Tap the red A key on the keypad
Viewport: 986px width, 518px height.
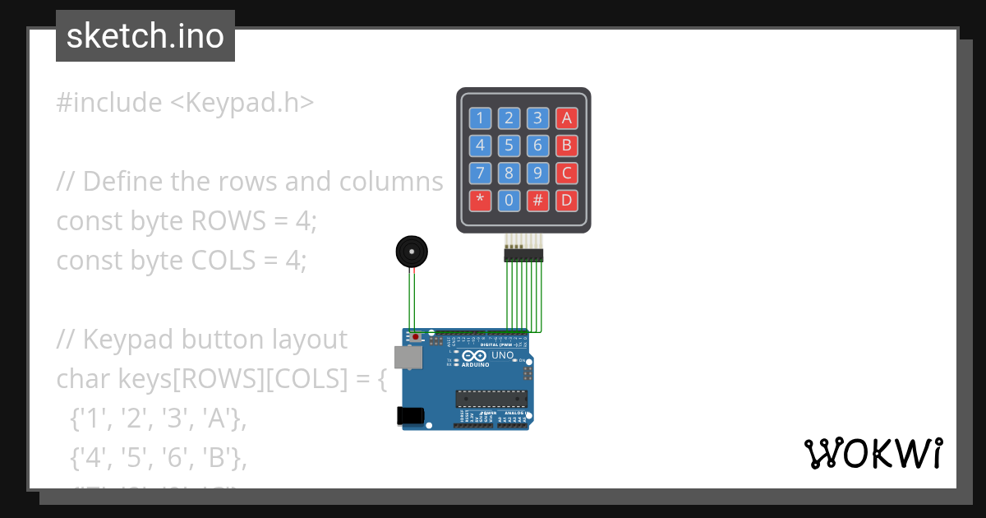point(565,118)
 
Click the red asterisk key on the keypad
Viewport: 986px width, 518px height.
point(480,200)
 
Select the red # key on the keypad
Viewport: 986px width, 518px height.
point(537,200)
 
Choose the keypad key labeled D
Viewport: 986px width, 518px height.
point(565,200)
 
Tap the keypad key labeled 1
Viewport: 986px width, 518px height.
point(480,118)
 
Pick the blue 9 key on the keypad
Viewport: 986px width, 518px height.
point(537,173)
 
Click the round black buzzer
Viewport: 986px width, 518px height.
point(411,252)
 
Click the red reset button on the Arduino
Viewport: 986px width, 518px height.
point(416,337)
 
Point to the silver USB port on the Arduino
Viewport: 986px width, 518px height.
point(408,357)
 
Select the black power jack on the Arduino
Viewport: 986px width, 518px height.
point(411,416)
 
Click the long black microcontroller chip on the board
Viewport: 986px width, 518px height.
point(491,399)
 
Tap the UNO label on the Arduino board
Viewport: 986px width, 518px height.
point(502,355)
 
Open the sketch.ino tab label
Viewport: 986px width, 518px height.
point(145,36)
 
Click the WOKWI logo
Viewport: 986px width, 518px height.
point(873,454)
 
